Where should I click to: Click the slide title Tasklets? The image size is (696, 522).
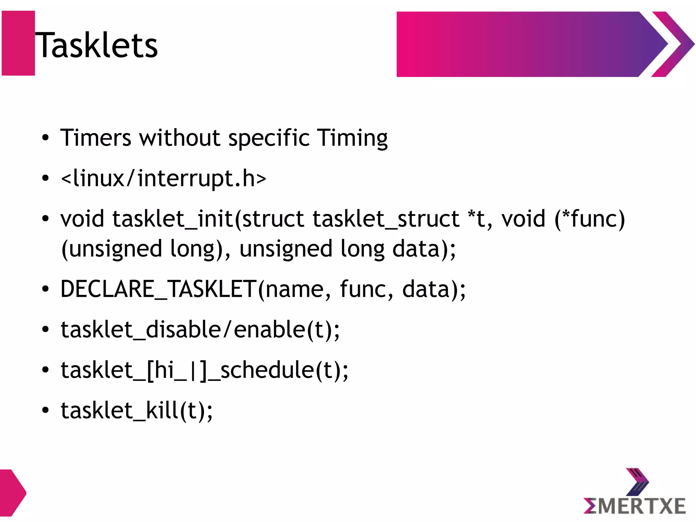click(97, 45)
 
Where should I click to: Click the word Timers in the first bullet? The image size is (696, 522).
click(95, 138)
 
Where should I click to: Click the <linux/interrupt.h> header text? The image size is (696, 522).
click(163, 179)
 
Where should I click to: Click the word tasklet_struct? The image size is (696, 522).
click(386, 219)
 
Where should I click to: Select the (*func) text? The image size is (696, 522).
click(590, 219)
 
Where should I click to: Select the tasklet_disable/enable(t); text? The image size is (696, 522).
click(200, 330)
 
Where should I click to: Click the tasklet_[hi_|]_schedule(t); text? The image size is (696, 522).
click(204, 370)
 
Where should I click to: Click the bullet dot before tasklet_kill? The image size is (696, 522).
click(45, 410)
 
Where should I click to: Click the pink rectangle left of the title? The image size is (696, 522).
click(18, 43)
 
